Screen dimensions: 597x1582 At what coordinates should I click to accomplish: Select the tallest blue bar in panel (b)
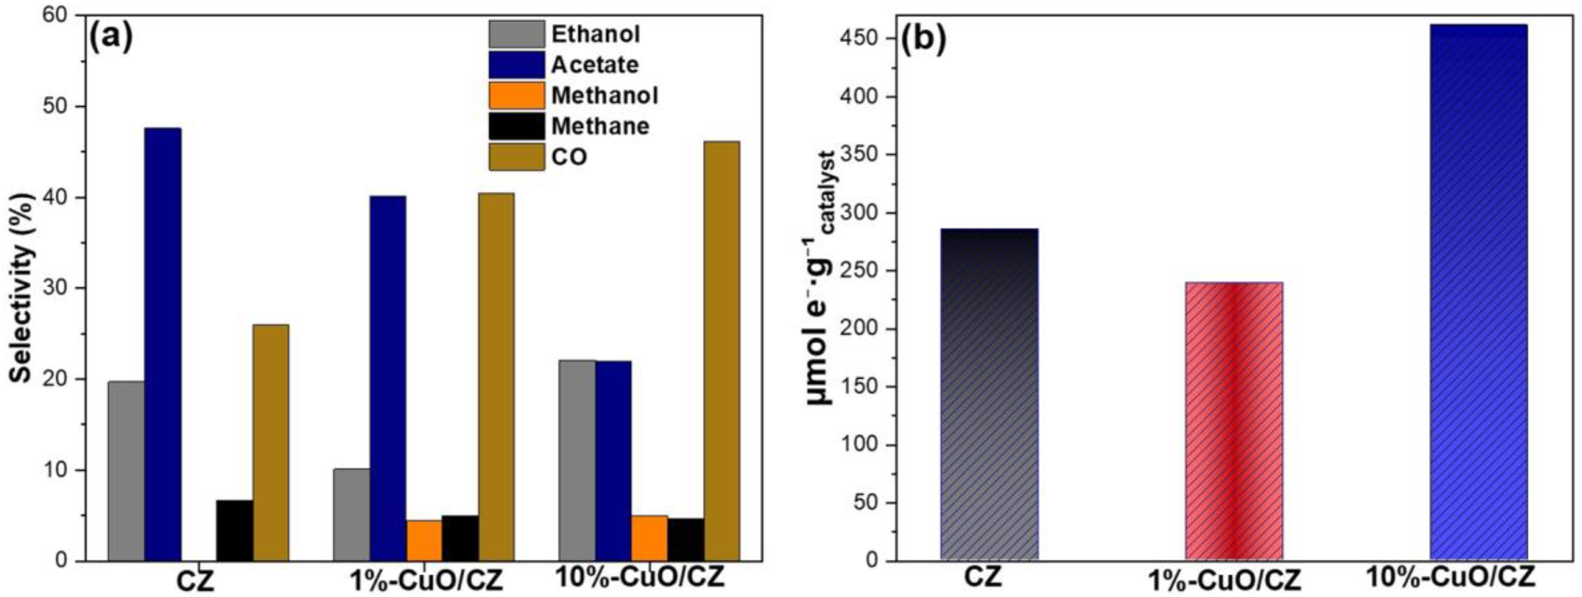(1478, 293)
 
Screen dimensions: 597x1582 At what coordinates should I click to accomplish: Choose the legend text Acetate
(595, 64)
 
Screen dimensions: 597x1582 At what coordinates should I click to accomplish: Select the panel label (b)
(923, 38)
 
